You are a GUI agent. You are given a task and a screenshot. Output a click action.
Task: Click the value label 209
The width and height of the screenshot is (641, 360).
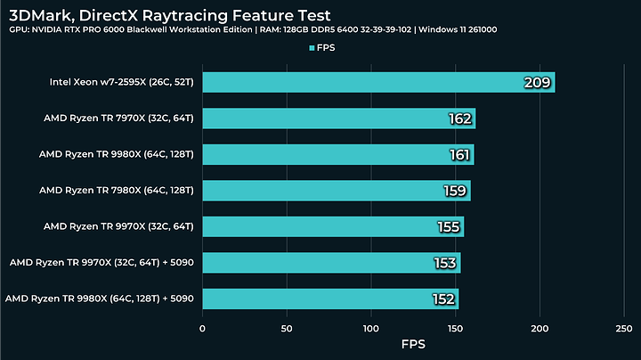point(539,84)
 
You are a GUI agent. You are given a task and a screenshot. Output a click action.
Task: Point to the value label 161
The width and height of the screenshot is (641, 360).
point(460,155)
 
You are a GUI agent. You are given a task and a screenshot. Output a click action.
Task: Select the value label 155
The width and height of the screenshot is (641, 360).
point(449,227)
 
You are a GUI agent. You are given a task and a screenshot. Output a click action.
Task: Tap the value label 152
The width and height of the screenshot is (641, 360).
point(444,299)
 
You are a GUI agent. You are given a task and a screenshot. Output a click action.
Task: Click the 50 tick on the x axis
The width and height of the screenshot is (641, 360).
point(287,328)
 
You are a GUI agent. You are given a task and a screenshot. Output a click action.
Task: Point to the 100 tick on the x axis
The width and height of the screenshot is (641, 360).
point(371,328)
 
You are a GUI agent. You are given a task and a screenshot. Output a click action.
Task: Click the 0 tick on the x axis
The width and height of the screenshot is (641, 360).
point(203,328)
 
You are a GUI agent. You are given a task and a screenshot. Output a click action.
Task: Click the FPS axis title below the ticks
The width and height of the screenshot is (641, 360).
point(414,345)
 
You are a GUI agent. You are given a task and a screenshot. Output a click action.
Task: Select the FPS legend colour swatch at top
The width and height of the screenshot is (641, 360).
point(312,48)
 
